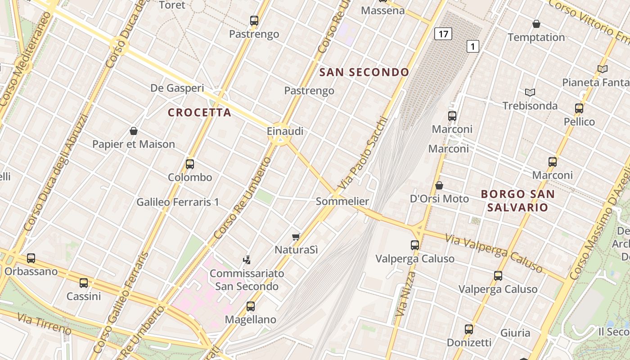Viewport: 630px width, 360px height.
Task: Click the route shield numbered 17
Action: click(x=443, y=34)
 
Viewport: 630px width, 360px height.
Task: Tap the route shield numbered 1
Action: click(x=472, y=46)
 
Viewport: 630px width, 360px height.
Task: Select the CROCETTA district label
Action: click(x=199, y=112)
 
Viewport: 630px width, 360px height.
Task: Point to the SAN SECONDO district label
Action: click(x=364, y=72)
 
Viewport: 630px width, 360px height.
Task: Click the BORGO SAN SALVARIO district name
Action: click(x=517, y=201)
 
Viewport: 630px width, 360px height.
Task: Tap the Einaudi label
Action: click(x=285, y=131)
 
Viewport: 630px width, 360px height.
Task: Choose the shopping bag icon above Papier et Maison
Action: click(x=133, y=131)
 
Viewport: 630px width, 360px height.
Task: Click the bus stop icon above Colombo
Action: click(x=190, y=164)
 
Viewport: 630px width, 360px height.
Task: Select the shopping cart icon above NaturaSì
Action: click(x=296, y=237)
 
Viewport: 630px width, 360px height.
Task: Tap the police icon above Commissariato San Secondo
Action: click(x=247, y=260)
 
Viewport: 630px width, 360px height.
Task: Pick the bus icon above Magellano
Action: click(x=251, y=306)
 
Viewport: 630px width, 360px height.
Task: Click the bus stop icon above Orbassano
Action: click(x=31, y=258)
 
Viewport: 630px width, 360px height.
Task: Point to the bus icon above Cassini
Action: click(x=84, y=283)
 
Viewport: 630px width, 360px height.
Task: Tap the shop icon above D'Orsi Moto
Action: click(x=439, y=185)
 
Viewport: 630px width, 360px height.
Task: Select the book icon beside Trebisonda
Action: click(x=530, y=92)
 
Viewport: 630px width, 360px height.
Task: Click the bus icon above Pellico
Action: click(x=579, y=108)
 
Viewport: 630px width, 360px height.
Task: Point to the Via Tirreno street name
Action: click(x=45, y=324)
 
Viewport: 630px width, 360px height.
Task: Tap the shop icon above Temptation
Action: click(x=536, y=24)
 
